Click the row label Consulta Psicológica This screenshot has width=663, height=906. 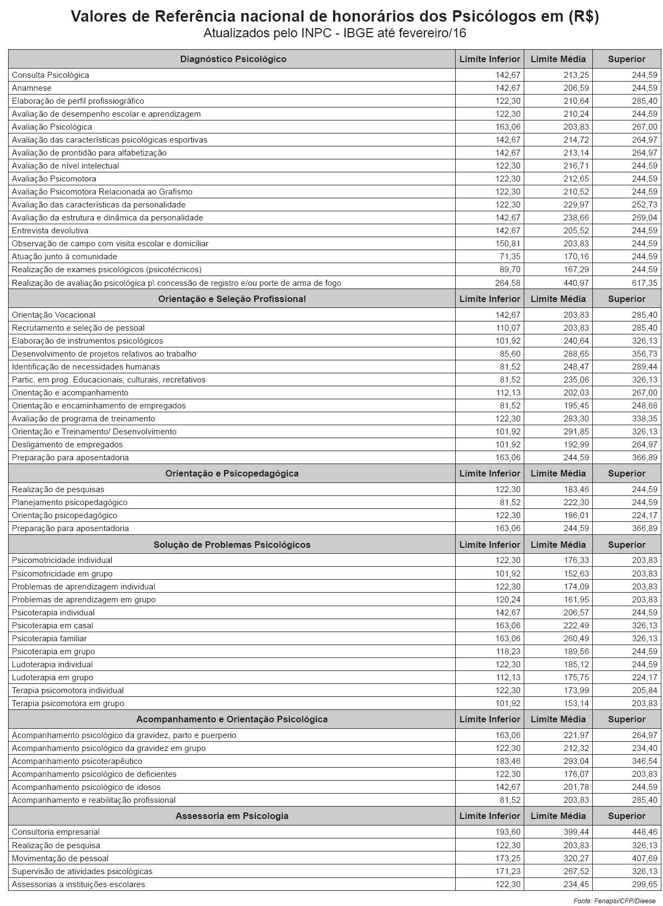pos(50,75)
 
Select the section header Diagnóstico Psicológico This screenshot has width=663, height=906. pos(233,59)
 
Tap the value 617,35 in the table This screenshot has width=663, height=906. pos(645,283)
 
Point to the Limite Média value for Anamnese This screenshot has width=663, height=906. pos(576,88)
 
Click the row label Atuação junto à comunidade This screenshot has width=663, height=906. pos(64,257)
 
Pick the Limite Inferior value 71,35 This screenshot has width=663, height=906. pos(510,257)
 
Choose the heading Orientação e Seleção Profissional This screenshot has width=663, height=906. pos(232,299)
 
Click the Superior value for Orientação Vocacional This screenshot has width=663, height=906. pos(645,315)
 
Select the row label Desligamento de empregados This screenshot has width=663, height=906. pos(67,445)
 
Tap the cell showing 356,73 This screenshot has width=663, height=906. pos(645,354)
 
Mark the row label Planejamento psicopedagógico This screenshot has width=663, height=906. pos(70,502)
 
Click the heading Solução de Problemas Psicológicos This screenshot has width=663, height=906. pos(232,545)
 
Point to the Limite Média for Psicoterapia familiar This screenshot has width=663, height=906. pos(576,639)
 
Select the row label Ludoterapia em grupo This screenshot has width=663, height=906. pos(52,677)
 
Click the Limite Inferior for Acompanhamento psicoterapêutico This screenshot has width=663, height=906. pos(508,761)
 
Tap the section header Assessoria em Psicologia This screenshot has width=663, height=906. pos(232,816)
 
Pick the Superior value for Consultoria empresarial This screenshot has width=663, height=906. pos(645,832)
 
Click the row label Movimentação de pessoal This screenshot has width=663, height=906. pos(60,858)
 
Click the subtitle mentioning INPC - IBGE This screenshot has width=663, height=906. pos(335,33)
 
